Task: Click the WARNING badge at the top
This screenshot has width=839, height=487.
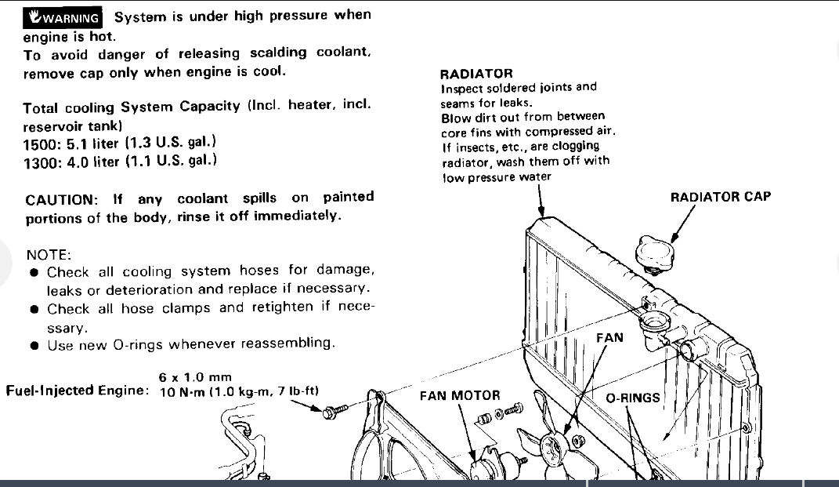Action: [63, 17]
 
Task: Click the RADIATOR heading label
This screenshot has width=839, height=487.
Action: [476, 74]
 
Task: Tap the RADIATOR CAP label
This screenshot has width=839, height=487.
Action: [721, 197]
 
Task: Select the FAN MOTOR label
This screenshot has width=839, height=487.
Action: [460, 395]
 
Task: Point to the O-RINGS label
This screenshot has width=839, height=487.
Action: [633, 398]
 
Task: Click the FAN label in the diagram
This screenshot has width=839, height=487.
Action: [609, 337]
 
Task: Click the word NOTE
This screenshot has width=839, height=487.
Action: [48, 255]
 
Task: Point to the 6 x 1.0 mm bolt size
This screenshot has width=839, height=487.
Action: [195, 377]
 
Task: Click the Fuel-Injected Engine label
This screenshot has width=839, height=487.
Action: [78, 391]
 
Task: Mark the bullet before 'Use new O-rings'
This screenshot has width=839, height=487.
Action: [34, 344]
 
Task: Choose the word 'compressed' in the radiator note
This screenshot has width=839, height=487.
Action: [561, 132]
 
